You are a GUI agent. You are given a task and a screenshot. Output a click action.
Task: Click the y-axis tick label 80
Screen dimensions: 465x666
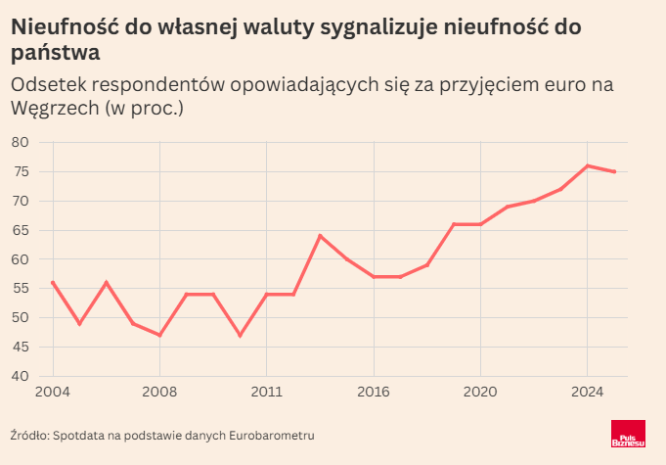pyautogui.click(x=20, y=143)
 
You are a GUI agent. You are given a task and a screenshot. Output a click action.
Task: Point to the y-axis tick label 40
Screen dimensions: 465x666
pyautogui.click(x=20, y=377)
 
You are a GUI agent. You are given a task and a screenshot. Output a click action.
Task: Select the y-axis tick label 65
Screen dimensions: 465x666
pyautogui.click(x=20, y=231)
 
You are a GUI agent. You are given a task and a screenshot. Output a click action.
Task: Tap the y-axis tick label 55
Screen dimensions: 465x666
pyautogui.click(x=20, y=289)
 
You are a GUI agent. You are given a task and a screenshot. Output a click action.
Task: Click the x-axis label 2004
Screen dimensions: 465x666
pyautogui.click(x=52, y=393)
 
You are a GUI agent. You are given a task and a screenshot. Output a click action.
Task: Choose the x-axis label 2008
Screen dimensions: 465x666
pyautogui.click(x=158, y=393)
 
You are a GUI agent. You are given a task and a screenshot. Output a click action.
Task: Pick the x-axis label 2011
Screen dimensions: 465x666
pyautogui.click(x=266, y=393)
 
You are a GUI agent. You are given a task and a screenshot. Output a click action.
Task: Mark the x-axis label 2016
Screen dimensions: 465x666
pyautogui.click(x=374, y=393)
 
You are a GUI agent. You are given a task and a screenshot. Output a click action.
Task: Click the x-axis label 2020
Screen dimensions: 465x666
pyautogui.click(x=480, y=393)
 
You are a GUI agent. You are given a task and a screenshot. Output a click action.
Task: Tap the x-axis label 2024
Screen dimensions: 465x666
pyautogui.click(x=587, y=393)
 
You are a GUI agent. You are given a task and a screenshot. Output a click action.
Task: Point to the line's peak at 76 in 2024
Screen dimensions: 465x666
pyautogui.click(x=587, y=166)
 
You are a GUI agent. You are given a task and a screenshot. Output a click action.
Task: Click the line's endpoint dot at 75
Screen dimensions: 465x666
pyautogui.click(x=613, y=172)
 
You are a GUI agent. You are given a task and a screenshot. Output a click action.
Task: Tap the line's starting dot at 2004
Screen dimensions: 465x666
pyautogui.click(x=52, y=283)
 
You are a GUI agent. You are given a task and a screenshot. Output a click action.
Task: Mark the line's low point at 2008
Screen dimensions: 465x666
pyautogui.click(x=159, y=335)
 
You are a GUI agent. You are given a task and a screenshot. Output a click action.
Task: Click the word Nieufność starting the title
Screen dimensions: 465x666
pyautogui.click(x=63, y=28)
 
